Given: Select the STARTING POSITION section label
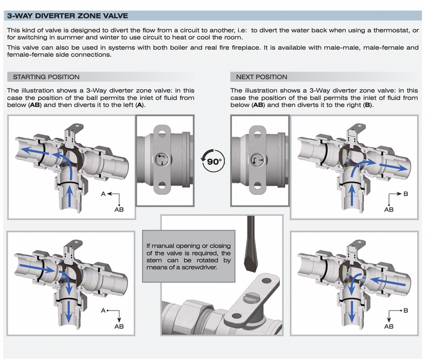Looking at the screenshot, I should pos(46,77).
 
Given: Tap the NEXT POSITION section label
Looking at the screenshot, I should pos(261,77).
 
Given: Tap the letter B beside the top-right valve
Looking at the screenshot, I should pos(405,194).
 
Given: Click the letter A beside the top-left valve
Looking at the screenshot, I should pos(103,194).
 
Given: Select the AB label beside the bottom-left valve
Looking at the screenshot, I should pos(119,326).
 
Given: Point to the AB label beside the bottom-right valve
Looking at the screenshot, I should pos(388,326).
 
